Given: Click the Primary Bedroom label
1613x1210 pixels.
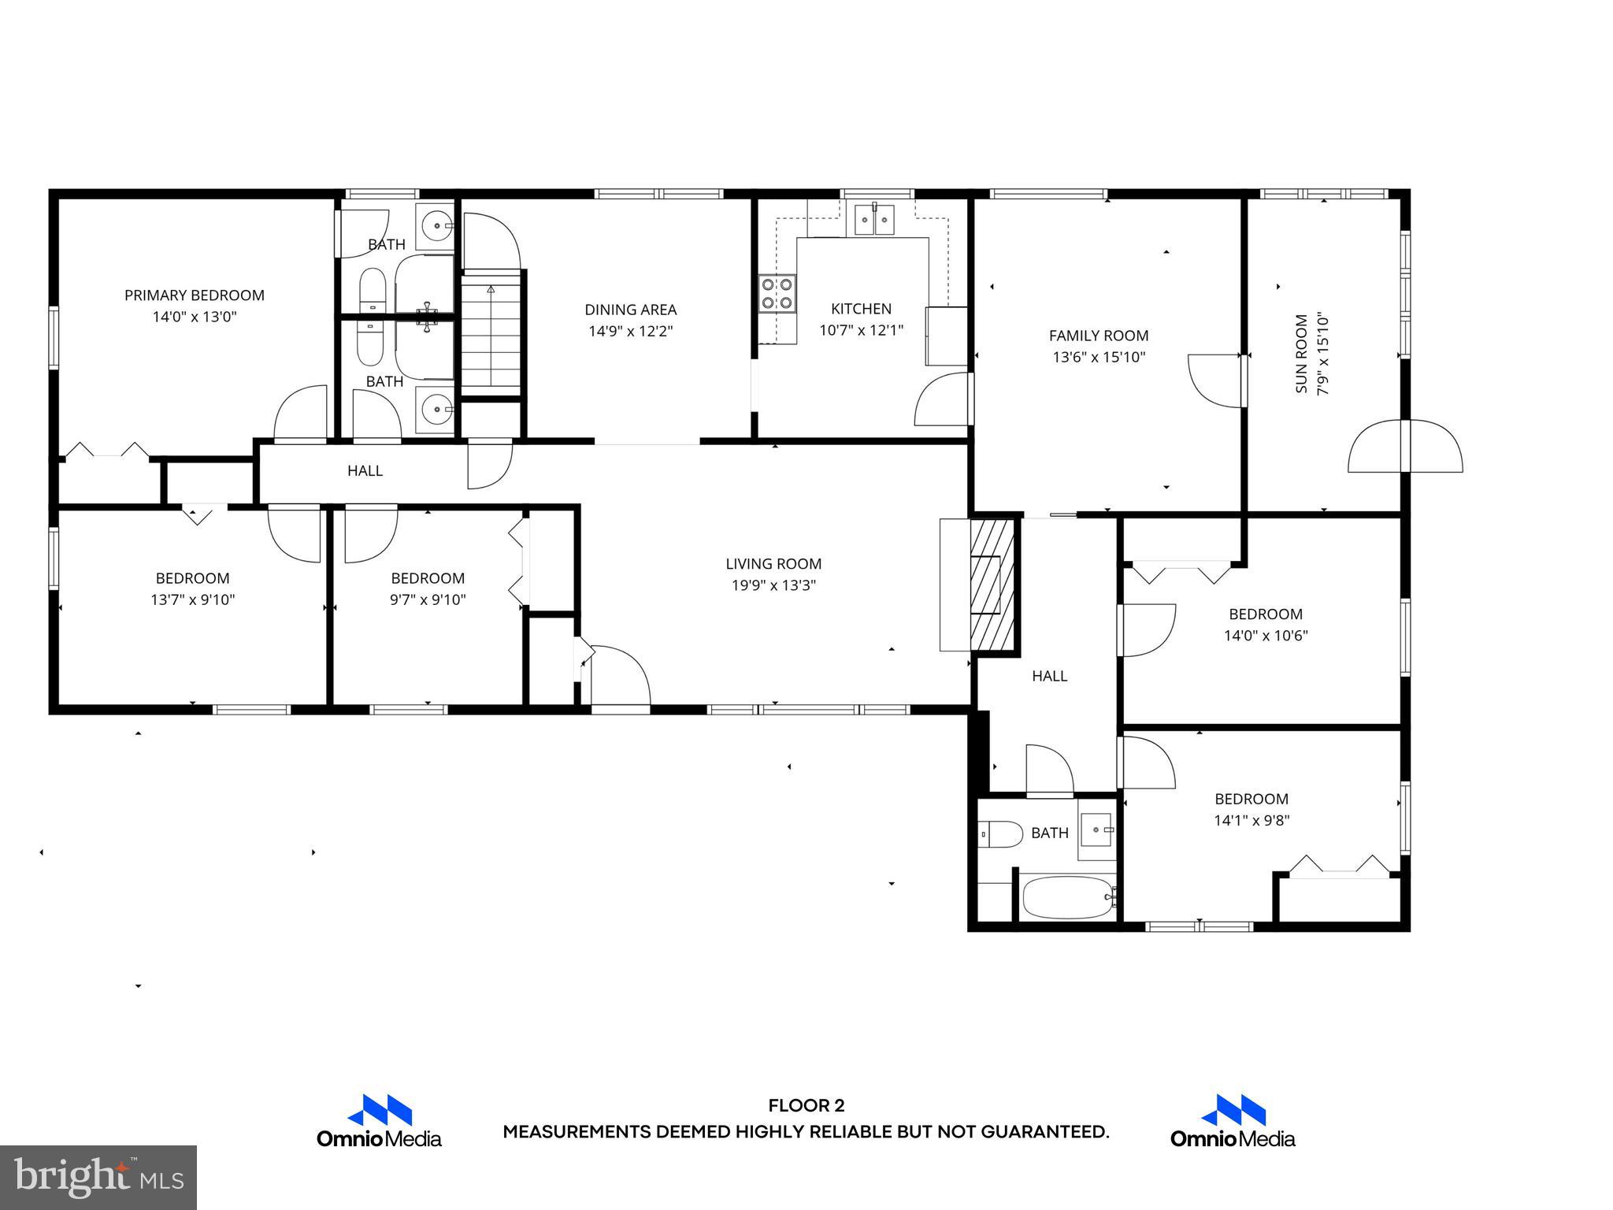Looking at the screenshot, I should coord(194,295).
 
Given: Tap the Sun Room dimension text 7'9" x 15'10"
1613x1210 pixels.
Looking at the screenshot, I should coord(1323,354).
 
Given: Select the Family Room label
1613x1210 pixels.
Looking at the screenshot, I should coord(1098,336).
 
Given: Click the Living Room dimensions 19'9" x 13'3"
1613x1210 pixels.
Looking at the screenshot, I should coord(773,585).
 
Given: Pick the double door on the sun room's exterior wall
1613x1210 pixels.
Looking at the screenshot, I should coord(1405,447).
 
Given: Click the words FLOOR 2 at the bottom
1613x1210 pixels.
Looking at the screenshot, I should coord(806,1106).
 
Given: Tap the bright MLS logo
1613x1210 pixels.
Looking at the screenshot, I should coord(98,1178).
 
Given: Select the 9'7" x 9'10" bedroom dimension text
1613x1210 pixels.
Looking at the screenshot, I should coord(428,599).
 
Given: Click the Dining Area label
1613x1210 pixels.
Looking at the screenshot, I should coord(630,310).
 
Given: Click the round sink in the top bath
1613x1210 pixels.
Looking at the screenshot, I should coord(435,226).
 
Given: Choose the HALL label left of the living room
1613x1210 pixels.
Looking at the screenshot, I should coord(365,471).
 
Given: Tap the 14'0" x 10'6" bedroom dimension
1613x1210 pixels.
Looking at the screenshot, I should coord(1265,636).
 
